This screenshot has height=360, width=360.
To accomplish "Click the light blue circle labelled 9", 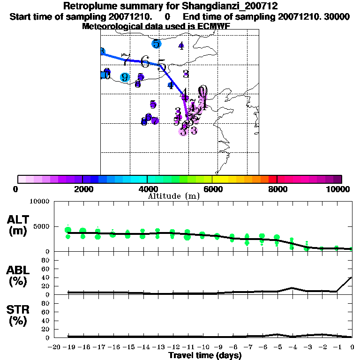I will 125,77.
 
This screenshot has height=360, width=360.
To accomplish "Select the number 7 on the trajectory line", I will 125,59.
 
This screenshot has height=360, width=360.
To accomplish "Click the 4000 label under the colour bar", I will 147,189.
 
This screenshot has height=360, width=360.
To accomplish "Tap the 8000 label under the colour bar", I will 277,189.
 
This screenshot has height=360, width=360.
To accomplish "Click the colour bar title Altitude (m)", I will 173,196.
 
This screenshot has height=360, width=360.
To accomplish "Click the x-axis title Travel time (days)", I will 205,355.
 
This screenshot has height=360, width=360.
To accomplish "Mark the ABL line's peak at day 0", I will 352,277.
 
